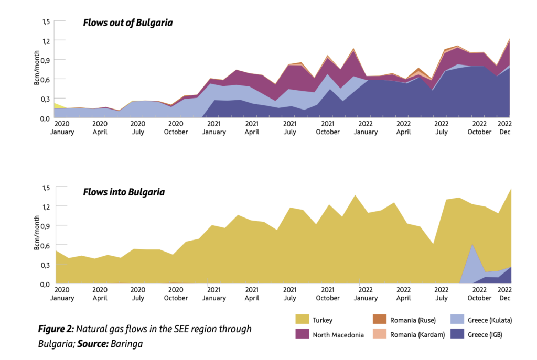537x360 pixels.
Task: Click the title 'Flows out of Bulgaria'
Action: click(x=128, y=23)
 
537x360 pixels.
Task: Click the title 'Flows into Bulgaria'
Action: click(x=124, y=192)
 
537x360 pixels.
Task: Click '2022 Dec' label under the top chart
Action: click(x=504, y=128)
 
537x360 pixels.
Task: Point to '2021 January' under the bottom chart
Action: click(x=213, y=293)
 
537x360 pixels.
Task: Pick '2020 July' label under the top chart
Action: click(x=137, y=128)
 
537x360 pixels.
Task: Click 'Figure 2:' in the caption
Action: click(x=56, y=329)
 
